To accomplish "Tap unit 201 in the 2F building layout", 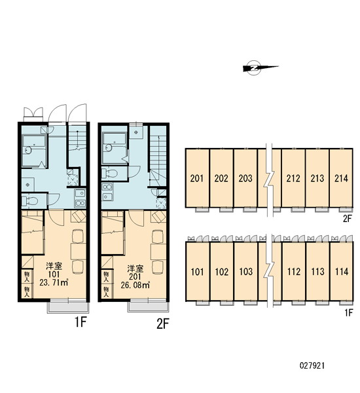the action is (197, 178).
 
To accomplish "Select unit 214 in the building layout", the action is (341, 178).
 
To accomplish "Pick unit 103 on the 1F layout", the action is (246, 271).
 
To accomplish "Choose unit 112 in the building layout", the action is (294, 271).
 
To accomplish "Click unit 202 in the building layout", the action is (221, 178).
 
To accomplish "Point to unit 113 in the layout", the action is (317, 271).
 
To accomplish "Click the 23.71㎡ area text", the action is (54, 283).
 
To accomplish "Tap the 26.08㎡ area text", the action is (135, 285).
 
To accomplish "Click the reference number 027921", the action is (312, 365).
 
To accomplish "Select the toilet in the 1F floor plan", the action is (30, 201).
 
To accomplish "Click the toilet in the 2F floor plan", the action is (110, 173).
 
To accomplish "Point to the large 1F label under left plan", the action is (81, 322).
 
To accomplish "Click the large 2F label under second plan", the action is (163, 324).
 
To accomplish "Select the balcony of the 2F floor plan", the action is (149, 307).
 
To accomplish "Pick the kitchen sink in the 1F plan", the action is (80, 193).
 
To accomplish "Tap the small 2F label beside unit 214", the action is (347, 219).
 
